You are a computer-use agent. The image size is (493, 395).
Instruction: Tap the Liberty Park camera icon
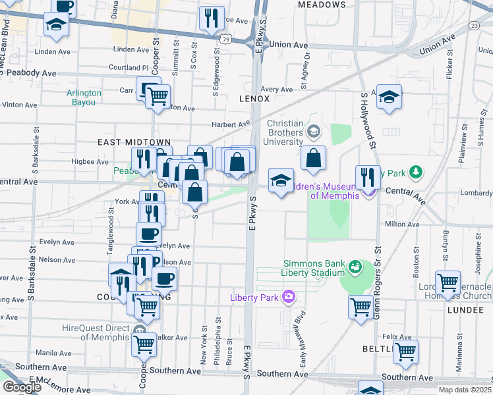[288, 296]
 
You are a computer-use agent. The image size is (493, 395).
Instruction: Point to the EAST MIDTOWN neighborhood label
[134, 142]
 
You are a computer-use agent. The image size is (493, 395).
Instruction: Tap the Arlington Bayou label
[84, 97]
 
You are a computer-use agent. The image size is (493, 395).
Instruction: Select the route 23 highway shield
[475, 25]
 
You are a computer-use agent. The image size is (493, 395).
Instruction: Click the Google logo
[22, 387]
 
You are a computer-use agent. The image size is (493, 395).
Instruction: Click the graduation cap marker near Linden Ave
[57, 25]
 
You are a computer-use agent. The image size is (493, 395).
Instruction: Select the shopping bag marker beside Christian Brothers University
[314, 157]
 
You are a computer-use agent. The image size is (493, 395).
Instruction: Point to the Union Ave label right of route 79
[289, 45]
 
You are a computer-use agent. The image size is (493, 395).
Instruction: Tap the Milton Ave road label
[402, 224]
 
